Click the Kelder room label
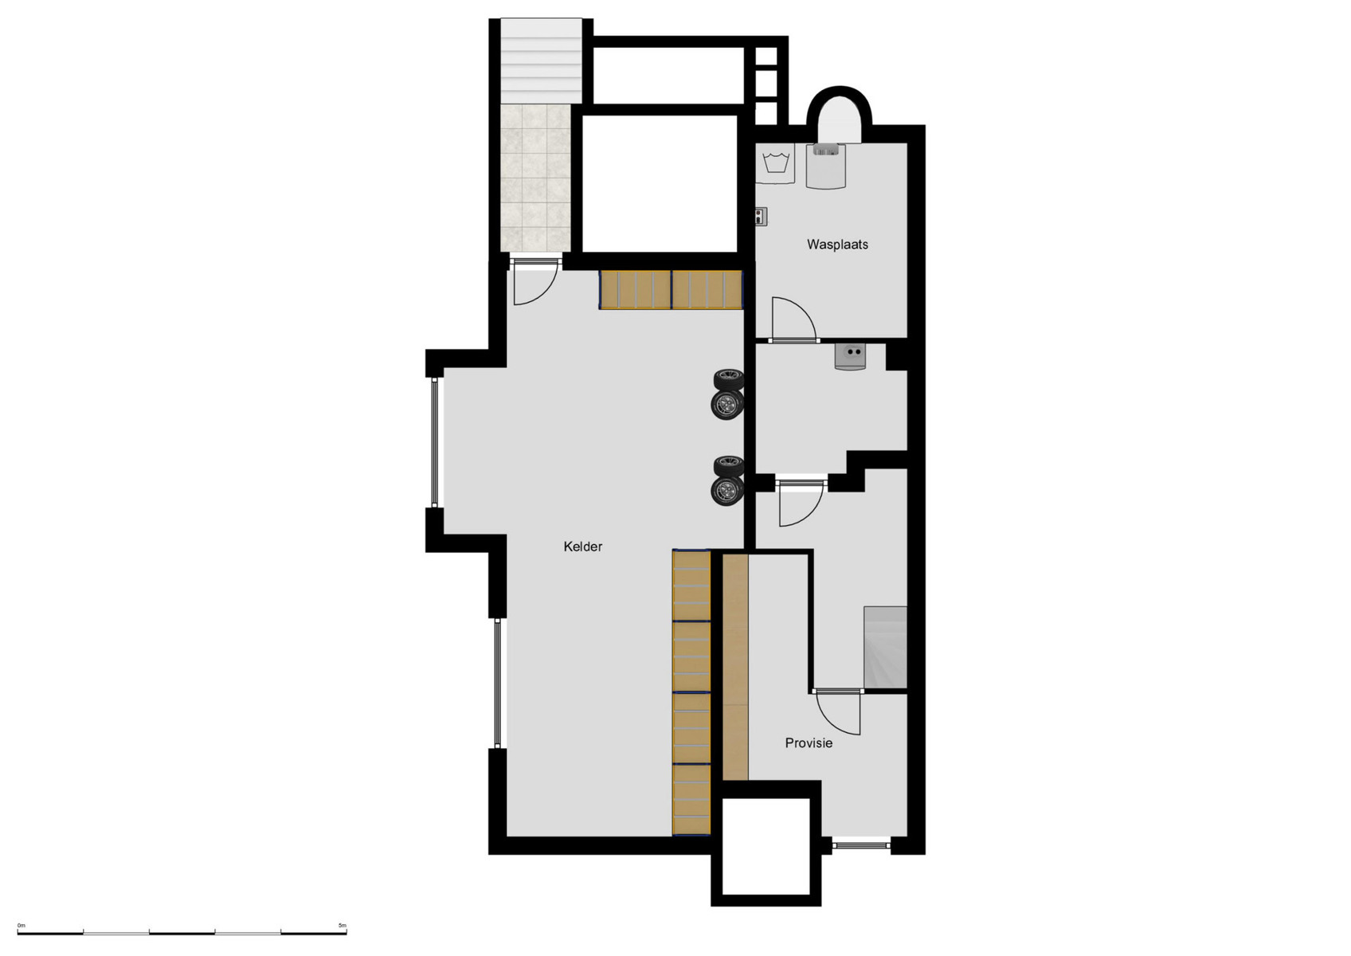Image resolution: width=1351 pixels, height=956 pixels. (x=582, y=547)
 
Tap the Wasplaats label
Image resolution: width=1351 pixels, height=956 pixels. (x=837, y=245)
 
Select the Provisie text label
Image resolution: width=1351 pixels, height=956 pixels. (x=809, y=743)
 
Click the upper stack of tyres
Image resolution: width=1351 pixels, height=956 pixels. (x=728, y=393)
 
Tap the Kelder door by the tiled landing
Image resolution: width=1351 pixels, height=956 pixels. (x=534, y=284)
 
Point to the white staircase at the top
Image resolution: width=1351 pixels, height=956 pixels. (x=542, y=61)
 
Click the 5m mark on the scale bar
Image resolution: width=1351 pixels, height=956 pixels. (x=343, y=926)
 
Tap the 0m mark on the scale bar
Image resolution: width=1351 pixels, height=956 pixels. (x=22, y=926)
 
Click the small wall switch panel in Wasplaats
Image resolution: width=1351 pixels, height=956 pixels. (x=761, y=215)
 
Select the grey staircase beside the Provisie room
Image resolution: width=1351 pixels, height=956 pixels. (x=885, y=647)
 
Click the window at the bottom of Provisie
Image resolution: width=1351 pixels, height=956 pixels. (x=861, y=844)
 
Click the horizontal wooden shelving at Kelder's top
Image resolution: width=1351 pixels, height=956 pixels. (x=671, y=290)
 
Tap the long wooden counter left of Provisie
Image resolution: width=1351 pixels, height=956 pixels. (x=735, y=667)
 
